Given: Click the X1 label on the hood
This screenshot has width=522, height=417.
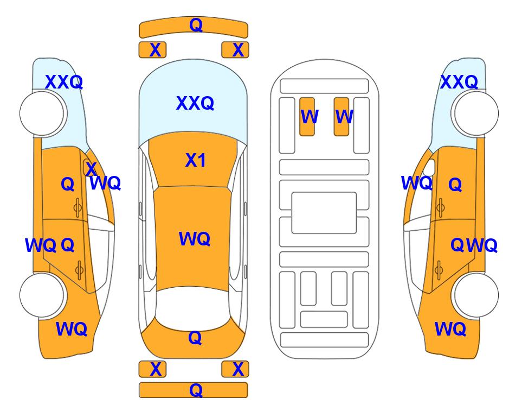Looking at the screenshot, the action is [196, 161].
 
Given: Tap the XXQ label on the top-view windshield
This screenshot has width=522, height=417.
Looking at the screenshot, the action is [195, 103].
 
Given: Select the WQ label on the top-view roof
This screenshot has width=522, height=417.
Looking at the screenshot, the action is [195, 239].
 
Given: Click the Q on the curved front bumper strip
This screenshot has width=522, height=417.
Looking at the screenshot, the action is [196, 25].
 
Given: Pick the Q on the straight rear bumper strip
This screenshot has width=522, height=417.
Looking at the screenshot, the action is [196, 390].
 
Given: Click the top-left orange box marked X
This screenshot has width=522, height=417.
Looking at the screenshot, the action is [152, 50].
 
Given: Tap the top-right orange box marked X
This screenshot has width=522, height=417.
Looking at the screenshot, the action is [235, 50].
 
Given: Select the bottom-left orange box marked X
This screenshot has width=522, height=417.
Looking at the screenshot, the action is [152, 369].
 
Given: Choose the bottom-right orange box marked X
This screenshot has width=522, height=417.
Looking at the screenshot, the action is [235, 369].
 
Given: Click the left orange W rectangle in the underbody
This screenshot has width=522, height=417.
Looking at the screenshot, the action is [307, 117].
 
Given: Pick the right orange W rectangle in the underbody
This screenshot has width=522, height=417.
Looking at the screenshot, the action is [341, 117].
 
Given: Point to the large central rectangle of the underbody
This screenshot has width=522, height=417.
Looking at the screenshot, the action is [324, 213].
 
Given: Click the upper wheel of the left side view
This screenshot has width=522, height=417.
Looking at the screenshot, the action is [42, 113].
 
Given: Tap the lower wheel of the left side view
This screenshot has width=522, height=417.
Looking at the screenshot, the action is [42, 295].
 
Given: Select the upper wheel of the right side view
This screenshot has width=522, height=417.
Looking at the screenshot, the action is [476, 113].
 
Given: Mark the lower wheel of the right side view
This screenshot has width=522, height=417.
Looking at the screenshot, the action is [476, 295].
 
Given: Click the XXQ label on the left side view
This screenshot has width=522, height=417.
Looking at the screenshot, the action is [64, 82].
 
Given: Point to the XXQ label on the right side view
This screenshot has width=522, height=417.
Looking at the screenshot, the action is [459, 82].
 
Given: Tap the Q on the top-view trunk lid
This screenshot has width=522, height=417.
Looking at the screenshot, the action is [195, 338].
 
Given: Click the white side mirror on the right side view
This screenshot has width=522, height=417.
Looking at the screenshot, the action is [430, 167].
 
